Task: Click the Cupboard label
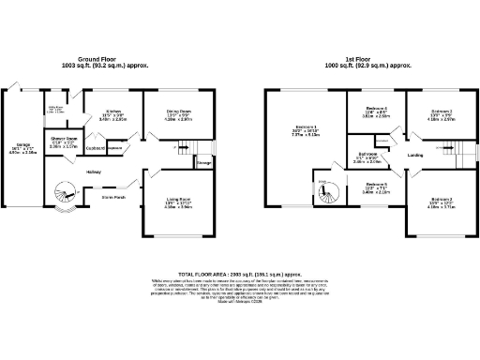(96, 148)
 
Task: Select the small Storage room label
(203, 162)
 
